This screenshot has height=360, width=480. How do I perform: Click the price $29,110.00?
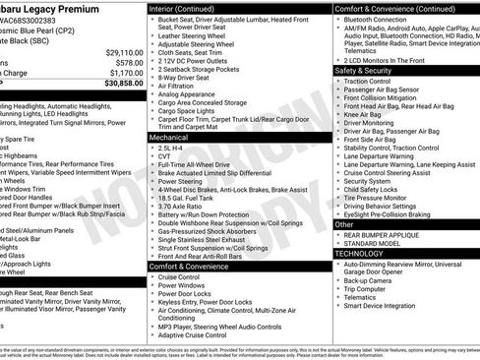click(118, 50)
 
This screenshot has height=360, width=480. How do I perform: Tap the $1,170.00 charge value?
click(121, 72)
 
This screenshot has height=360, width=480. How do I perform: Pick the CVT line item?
click(165, 158)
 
